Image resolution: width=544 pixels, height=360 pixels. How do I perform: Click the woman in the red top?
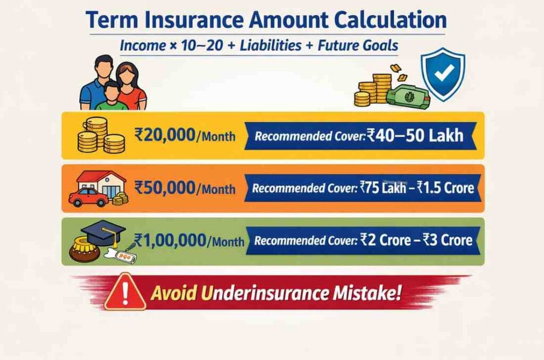tap(132, 85)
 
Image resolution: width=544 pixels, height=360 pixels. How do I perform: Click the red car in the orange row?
tap(89, 198)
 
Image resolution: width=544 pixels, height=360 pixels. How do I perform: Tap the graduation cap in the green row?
tap(104, 232)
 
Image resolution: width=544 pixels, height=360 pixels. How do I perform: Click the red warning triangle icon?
tap(125, 293)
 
